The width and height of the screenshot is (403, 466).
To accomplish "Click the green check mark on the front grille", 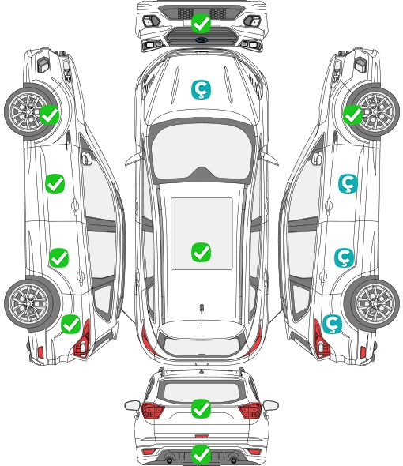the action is (x=201, y=23).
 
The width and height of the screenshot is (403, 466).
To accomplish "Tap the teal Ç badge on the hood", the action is (x=201, y=89).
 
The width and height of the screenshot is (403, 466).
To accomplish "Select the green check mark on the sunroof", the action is (x=201, y=252).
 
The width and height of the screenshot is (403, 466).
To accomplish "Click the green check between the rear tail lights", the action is (x=201, y=408).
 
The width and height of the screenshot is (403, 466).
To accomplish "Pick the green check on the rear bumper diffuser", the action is (x=201, y=454).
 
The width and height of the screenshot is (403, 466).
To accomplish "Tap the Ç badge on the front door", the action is (x=348, y=183).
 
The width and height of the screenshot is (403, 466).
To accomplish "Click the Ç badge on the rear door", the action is (x=344, y=257).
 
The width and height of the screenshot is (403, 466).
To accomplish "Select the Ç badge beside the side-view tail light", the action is (x=332, y=324).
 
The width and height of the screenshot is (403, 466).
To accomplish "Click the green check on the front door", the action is (x=55, y=184).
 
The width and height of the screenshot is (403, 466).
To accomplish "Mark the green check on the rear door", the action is (x=59, y=257).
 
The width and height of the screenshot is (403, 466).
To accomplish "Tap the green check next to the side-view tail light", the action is (x=71, y=324).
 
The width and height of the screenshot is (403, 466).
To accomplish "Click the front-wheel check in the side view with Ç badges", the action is (x=353, y=115).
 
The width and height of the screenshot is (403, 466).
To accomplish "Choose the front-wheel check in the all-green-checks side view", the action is (x=49, y=115).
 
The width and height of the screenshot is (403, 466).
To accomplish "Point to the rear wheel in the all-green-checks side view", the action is (x=29, y=303).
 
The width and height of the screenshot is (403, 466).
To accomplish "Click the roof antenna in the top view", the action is (x=201, y=313).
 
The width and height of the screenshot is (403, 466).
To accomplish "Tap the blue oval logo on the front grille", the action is (x=201, y=39).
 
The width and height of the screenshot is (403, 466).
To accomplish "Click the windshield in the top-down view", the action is (x=201, y=152).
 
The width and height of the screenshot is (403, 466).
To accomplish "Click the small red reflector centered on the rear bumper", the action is (x=201, y=436).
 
